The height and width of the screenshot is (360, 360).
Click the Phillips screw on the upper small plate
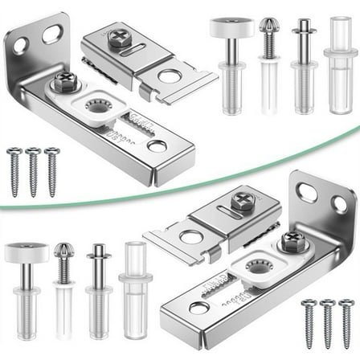120,38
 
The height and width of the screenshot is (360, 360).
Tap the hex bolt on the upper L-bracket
64,81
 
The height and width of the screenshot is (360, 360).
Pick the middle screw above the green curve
33,170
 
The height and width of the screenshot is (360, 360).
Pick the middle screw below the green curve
326,322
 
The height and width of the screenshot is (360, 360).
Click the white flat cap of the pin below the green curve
27,252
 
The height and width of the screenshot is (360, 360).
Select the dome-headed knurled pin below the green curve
63,261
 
